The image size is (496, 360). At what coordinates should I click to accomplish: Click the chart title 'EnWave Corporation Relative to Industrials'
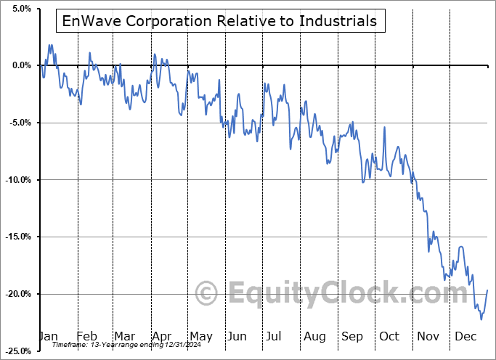pos(219,21)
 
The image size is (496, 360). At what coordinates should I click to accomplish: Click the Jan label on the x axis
pos(48,336)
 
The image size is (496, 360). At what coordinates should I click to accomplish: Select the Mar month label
pos(124,336)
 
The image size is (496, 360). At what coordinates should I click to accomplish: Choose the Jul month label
pos(275,336)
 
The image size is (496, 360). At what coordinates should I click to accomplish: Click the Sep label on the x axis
pos(352,336)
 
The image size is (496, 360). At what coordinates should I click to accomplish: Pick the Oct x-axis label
pos(389,336)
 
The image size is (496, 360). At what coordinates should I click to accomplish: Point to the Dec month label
pos(465,336)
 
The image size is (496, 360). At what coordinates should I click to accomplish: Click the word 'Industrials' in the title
pos(338,21)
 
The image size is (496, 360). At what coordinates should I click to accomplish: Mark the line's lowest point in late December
pos(481,319)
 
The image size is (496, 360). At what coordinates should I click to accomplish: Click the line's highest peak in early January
pos(50,45)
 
